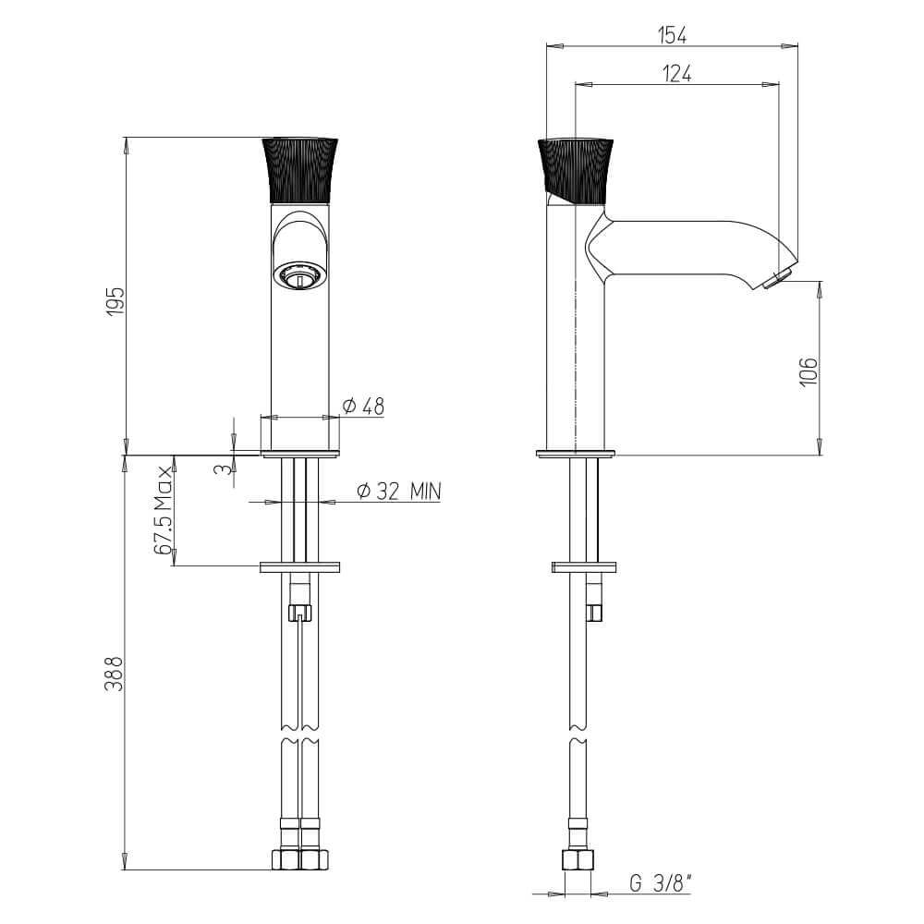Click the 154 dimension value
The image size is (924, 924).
[673, 34]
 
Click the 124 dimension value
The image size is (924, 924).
[676, 74]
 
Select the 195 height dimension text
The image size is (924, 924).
[114, 302]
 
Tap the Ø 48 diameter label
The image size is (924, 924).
[363, 406]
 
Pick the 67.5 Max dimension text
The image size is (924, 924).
[164, 511]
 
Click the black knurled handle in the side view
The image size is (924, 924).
[576, 169]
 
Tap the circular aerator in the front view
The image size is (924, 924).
[299, 275]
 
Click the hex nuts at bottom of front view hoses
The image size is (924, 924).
[299, 860]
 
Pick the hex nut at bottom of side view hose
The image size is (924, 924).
[578, 860]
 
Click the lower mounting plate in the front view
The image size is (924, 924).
[300, 566]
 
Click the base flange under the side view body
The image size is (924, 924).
[575, 453]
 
